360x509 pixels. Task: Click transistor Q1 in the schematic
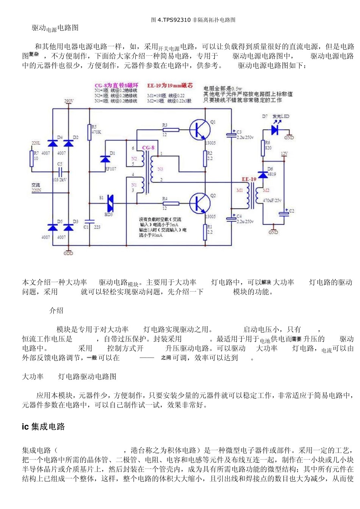[x=199, y=129]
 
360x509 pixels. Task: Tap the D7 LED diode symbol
[x=275, y=130]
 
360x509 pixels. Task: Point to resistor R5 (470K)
[x=89, y=132]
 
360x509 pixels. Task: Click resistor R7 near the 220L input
[x=32, y=158]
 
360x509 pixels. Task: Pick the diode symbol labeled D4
[x=53, y=143]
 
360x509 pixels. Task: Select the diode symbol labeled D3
[x=68, y=227]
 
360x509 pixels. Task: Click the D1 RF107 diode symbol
[x=105, y=159]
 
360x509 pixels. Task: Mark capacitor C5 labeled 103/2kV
[x=59, y=172]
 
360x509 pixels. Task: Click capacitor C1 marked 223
[x=89, y=221]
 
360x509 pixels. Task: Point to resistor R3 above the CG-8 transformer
[x=171, y=130]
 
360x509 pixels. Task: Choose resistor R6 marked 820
[x=263, y=148]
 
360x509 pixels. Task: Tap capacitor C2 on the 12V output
[x=284, y=213]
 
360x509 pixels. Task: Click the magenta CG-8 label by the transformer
[x=148, y=148]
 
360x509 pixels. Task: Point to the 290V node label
[x=69, y=101]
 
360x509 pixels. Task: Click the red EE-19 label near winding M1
[x=249, y=179]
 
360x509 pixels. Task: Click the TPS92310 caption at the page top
[x=193, y=20]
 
